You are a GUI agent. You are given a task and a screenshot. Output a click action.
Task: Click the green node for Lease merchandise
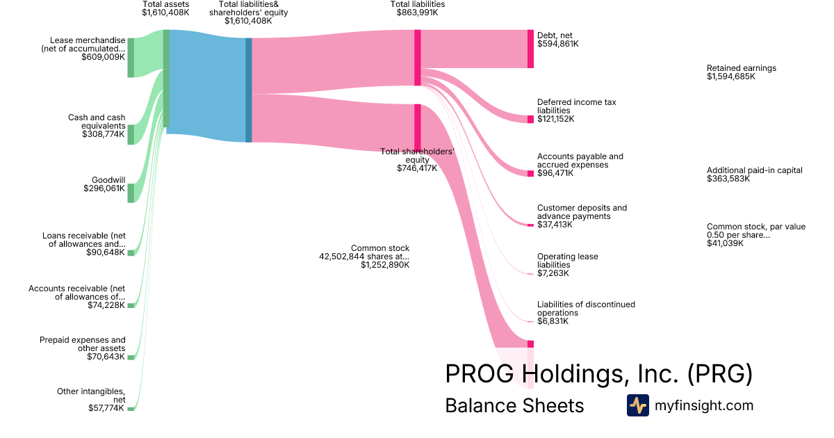click(131, 58)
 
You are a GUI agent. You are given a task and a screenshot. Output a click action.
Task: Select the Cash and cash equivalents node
click(131, 134)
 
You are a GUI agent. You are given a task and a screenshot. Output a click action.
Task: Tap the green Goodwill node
click(131, 193)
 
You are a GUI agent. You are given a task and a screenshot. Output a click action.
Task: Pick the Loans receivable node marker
click(131, 253)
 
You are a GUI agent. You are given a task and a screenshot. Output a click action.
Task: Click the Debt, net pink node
click(530, 49)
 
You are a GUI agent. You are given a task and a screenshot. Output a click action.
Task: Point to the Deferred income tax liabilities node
click(530, 119)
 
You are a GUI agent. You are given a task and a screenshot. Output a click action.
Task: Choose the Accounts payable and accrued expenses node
click(530, 173)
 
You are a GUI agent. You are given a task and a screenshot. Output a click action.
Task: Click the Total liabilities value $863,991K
click(417, 13)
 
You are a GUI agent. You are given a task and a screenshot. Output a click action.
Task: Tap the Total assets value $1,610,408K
click(165, 13)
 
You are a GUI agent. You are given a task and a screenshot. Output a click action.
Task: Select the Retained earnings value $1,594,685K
click(730, 76)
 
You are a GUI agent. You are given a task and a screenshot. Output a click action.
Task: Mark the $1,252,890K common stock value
click(385, 265)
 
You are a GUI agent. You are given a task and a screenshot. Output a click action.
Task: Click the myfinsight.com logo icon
click(637, 405)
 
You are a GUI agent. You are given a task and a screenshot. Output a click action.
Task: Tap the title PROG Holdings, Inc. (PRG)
click(598, 374)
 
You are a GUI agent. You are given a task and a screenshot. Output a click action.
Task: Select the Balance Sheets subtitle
click(514, 405)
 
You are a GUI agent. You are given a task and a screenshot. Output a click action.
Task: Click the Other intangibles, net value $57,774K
click(106, 408)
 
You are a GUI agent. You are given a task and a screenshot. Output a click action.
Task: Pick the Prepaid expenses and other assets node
click(131, 357)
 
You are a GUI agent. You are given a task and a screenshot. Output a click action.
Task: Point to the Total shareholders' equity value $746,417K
click(417, 168)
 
